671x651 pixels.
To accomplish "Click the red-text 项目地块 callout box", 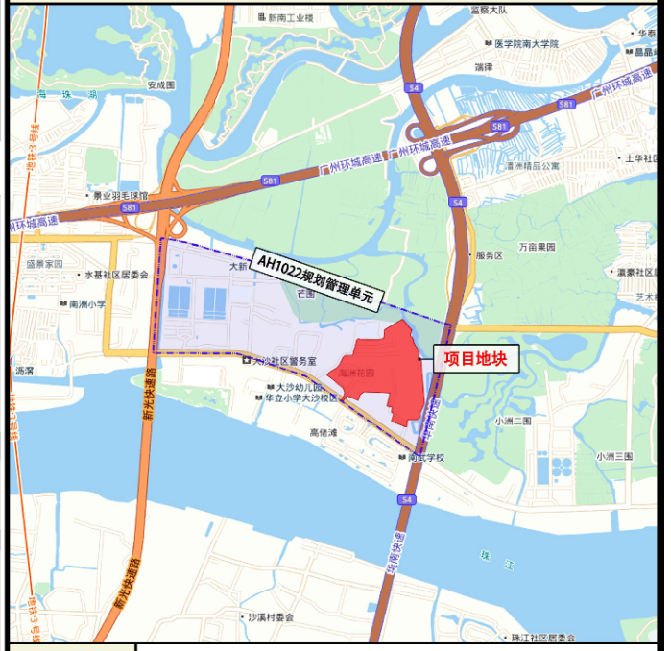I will (x=476, y=359).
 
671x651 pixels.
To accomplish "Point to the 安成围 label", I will (x=161, y=84).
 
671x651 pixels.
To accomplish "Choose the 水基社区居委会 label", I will (x=115, y=275).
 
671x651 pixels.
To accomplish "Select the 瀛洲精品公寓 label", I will (x=532, y=165).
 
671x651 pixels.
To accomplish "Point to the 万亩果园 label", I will (x=538, y=247).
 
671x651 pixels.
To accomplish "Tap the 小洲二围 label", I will (x=514, y=421).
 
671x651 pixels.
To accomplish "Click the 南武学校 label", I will (x=425, y=458).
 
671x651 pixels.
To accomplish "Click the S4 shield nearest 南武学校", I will (x=408, y=499).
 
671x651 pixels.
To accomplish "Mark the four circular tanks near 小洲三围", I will (x=556, y=469).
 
